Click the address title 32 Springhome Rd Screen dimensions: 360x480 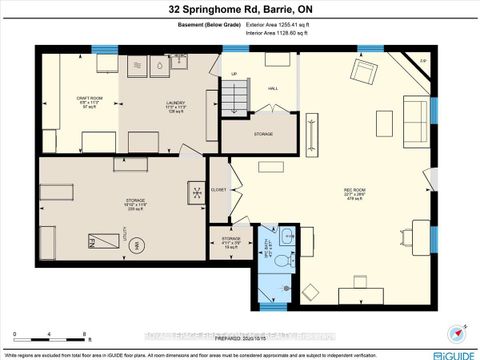point(240,9)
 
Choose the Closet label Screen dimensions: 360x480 point(219,189)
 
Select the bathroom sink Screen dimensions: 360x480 point(288,236)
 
